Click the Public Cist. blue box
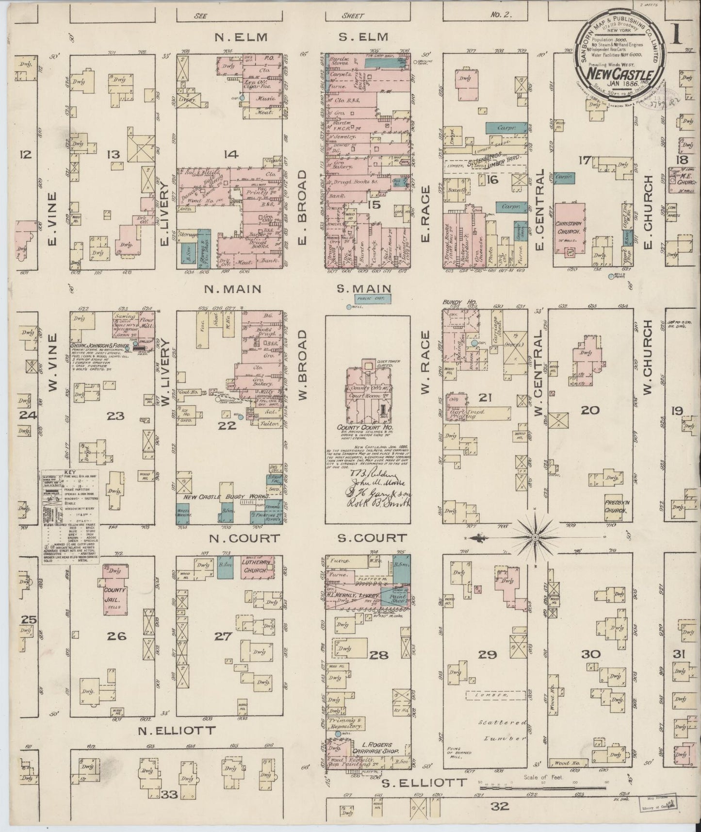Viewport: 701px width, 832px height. [373, 299]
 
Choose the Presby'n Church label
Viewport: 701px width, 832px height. [617, 500]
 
